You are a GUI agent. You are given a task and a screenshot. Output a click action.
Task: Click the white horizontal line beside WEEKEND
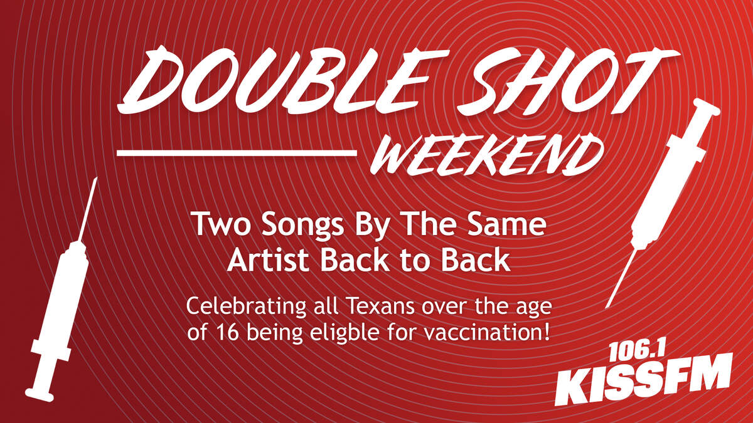[237, 153]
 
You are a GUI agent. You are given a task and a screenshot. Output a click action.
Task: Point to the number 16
[229, 332]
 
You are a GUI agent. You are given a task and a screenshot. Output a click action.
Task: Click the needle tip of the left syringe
[96, 178]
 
